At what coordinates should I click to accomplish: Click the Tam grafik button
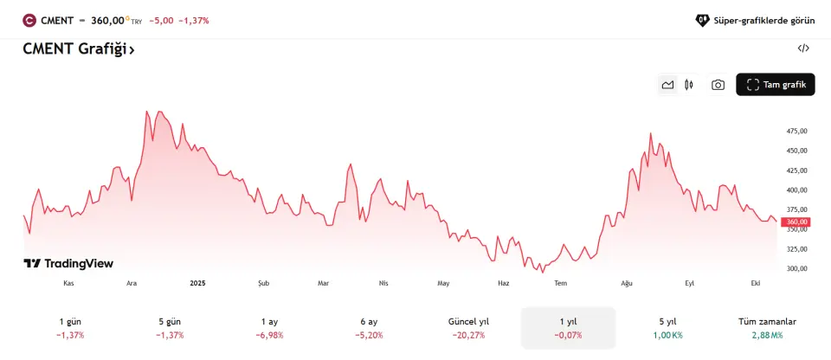(x=775, y=84)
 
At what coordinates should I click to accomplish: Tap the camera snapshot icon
(x=718, y=85)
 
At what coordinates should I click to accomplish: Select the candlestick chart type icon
(x=689, y=85)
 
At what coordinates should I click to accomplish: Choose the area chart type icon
(x=667, y=85)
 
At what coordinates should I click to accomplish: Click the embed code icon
(x=803, y=48)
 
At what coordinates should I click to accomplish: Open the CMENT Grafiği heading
(x=79, y=49)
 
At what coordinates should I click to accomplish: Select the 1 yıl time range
(x=568, y=327)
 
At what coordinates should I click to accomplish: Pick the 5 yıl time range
(x=667, y=327)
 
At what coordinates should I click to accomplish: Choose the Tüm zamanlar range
(x=767, y=327)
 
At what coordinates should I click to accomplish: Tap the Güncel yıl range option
(x=468, y=327)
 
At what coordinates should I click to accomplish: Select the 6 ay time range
(x=369, y=327)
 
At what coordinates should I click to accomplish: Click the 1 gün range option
(x=70, y=327)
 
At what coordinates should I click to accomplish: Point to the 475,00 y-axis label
(x=796, y=131)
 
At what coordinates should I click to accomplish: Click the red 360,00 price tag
(x=796, y=222)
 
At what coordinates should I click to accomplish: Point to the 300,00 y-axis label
(x=796, y=268)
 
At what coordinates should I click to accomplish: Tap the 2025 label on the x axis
(x=197, y=283)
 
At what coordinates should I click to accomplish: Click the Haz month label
(x=503, y=283)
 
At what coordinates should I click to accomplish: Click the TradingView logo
(x=68, y=263)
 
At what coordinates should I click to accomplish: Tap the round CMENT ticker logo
(x=29, y=20)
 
